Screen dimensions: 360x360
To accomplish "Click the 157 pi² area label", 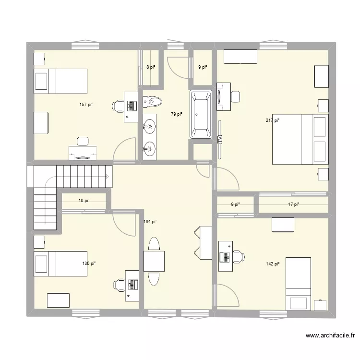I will (87, 104).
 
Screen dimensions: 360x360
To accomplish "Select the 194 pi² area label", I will (150, 221).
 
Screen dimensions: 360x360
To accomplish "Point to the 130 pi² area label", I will (89, 264).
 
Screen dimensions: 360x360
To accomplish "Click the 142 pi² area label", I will (273, 264).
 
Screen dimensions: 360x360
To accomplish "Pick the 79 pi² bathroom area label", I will (177, 114).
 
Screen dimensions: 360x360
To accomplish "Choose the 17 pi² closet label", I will (293, 204).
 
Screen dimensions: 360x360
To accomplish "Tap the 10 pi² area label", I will (84, 201).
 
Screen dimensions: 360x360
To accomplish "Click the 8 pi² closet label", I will (150, 67).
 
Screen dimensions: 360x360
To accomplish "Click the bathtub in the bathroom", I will (201, 114).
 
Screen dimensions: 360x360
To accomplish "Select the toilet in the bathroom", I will (153, 101).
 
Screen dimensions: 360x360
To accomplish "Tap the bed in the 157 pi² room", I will (60, 81).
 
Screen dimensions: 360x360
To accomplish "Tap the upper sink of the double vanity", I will (150, 126).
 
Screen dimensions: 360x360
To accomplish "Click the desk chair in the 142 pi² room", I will (237, 256).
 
